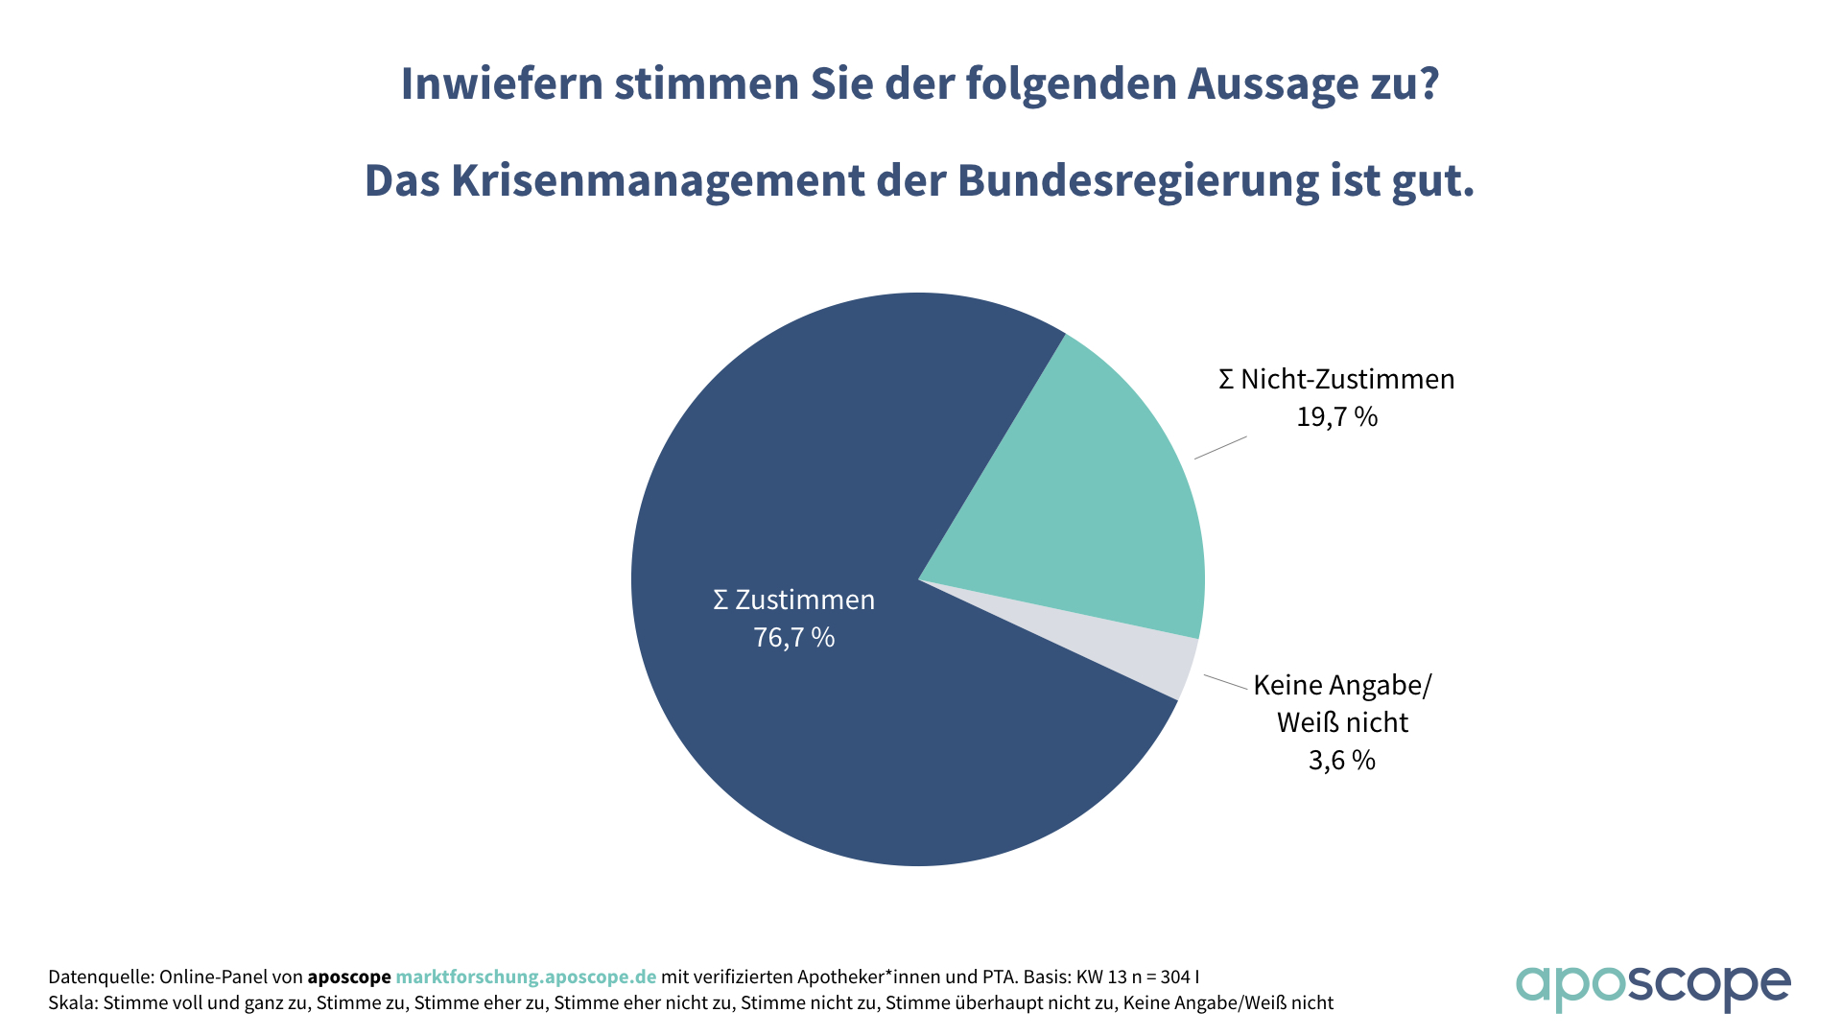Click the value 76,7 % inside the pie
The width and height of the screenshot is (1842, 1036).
[x=794, y=638]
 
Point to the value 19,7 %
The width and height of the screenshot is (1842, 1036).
[x=1336, y=417]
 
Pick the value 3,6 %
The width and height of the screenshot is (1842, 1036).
[x=1341, y=761]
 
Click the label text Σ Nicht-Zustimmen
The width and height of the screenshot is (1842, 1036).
[x=1336, y=380]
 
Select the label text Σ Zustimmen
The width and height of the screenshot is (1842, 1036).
[x=794, y=600]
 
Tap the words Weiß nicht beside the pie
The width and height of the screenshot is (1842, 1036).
[x=1341, y=722]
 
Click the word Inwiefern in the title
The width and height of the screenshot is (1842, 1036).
[x=501, y=84]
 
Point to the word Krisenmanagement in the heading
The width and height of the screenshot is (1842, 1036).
[x=658, y=181]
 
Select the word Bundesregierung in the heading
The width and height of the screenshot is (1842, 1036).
[x=1137, y=181]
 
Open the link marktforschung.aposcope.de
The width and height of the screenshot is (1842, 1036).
[x=526, y=977]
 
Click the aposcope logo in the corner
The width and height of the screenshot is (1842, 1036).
[x=1652, y=986]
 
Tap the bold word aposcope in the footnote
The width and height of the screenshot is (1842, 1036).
[x=349, y=977]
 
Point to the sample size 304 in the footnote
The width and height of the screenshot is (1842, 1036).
[x=1175, y=977]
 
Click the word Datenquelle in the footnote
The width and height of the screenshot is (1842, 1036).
[x=99, y=977]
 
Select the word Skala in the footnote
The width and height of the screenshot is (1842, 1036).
[x=71, y=1003]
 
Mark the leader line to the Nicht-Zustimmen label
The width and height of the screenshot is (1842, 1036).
[x=1220, y=448]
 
